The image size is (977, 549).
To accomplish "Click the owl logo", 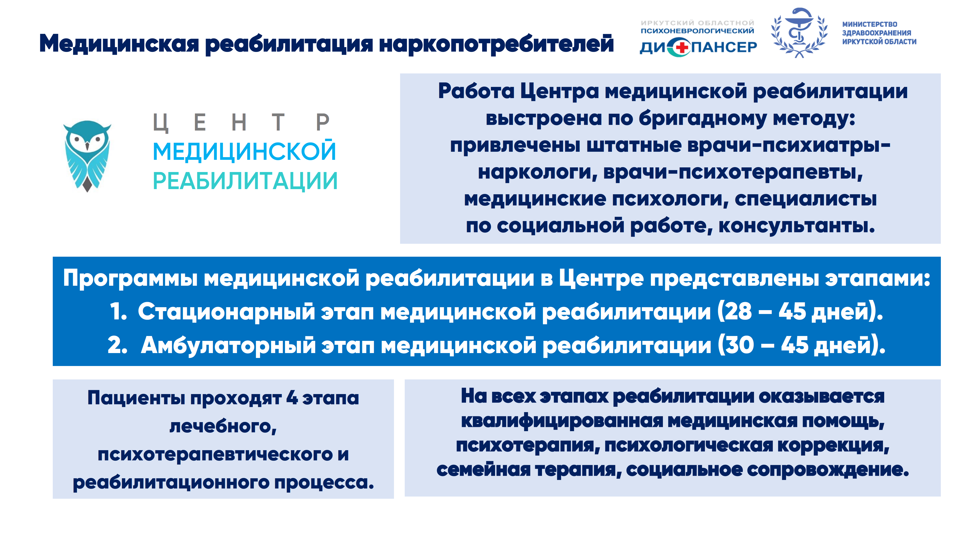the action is click(87, 156).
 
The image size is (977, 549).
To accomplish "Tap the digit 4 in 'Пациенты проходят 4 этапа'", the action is click(292, 398).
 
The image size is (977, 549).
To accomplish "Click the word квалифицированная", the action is click(562, 421).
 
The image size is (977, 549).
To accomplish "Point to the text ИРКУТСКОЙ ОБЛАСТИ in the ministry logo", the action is click(879, 42).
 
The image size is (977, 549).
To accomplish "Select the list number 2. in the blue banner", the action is click(117, 345).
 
